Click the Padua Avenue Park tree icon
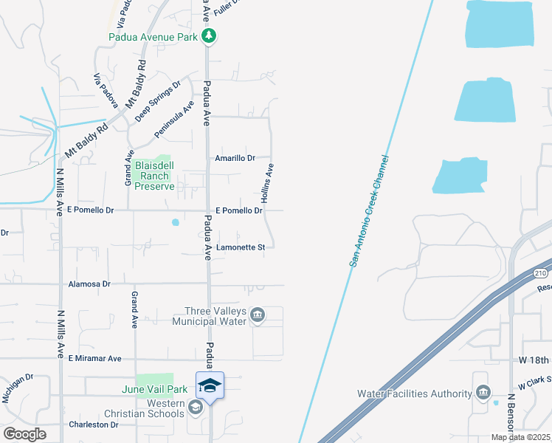pos(209,35)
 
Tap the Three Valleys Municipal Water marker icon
pos(258,316)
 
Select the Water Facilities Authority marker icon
pos(483,393)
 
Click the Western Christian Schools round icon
pos(195,407)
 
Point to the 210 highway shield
pos(542,273)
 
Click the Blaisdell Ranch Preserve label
pos(154,176)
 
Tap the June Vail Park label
pos(155,389)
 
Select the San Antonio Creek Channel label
pos(367,211)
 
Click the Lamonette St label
pos(241,248)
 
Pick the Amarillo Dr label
pos(235,158)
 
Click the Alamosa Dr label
pos(89,284)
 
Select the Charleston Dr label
pos(94,425)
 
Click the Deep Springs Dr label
pos(158,101)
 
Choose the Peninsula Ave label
pos(174,118)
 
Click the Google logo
pos(24,434)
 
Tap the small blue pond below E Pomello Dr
pos(176,221)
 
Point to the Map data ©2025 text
pos(521,437)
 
